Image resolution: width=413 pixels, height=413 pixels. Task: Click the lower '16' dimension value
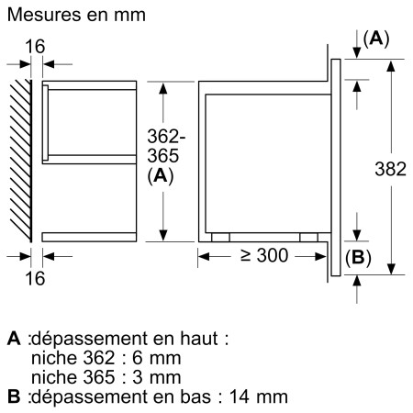[x=34, y=277]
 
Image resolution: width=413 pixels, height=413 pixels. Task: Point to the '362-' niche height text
[x=162, y=137]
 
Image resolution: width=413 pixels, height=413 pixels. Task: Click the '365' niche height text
[x=161, y=156]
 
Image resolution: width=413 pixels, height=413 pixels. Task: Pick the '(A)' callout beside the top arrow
[x=376, y=39]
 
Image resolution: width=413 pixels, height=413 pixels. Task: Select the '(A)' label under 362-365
[x=161, y=176]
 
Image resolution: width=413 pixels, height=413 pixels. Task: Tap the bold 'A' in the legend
[x=13, y=338]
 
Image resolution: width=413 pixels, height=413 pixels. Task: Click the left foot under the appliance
[x=219, y=236]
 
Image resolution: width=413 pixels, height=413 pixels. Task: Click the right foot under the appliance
[x=308, y=236]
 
